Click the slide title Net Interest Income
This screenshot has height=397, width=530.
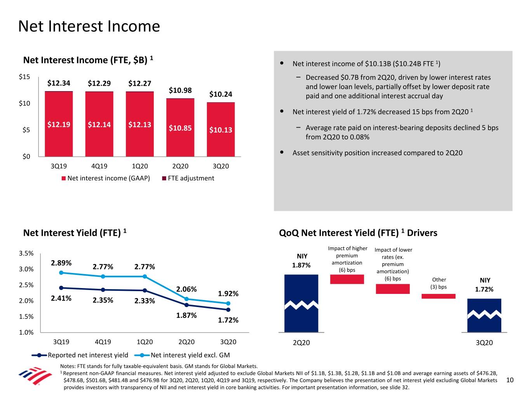coord(89,26)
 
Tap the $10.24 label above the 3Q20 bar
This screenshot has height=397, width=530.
coord(221,94)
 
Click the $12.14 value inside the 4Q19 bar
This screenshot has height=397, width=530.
coord(99,124)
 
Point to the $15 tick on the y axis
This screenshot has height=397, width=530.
coord(24,77)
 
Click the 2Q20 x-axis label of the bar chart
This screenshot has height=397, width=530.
coord(180,166)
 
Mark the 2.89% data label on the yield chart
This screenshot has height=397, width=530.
coord(61,262)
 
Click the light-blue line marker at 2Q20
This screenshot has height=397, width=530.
coord(186,299)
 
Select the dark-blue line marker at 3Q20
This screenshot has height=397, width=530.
coord(228,310)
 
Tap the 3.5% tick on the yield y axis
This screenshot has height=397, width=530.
coord(26,254)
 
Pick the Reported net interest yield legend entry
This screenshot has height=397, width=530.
coord(80,355)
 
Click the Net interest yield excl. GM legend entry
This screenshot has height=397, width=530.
coord(182,355)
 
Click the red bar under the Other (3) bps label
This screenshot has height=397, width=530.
coord(438,296)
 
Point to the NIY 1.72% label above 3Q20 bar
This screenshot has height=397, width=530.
coord(485,285)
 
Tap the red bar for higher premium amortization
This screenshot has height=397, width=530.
coord(347,279)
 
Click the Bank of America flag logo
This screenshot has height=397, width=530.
coord(35,376)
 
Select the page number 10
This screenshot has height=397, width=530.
coord(510,380)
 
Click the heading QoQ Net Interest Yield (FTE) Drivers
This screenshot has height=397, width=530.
coord(358,233)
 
